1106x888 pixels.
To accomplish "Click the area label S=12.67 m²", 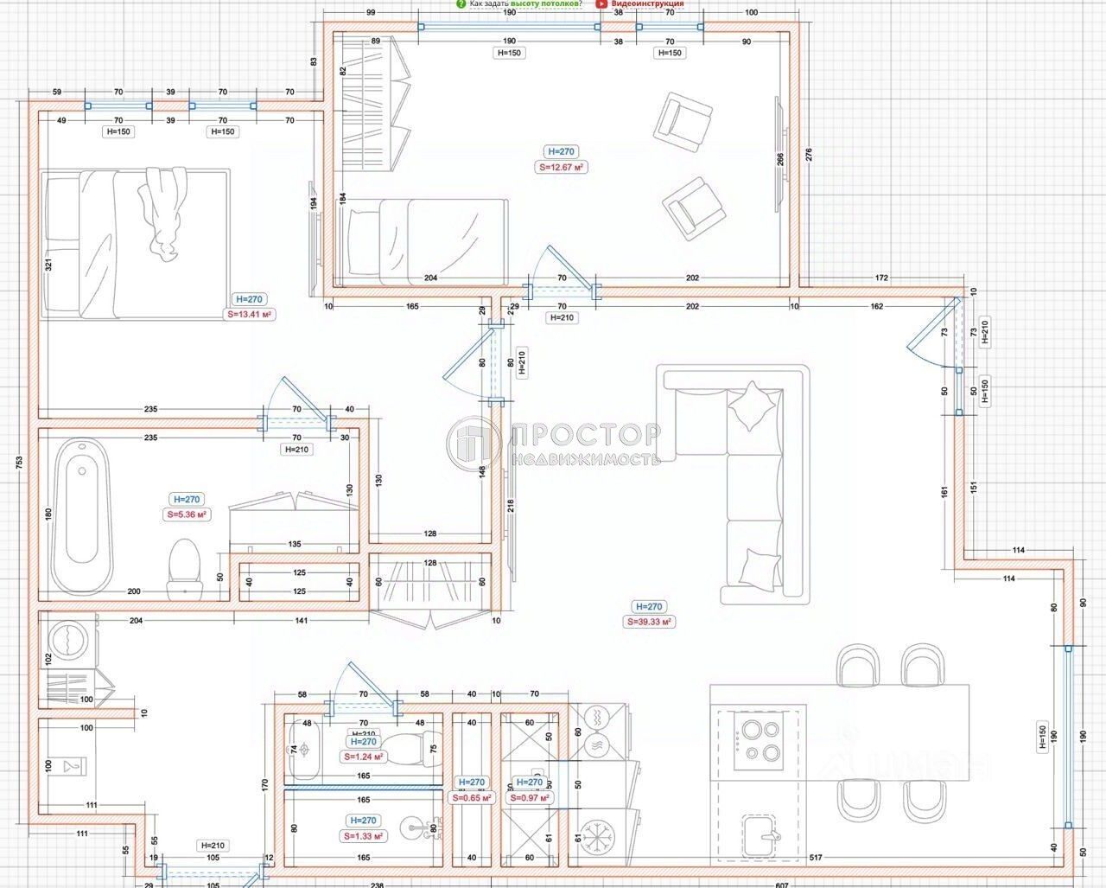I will [563, 168].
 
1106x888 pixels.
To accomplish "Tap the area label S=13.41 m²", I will [250, 315].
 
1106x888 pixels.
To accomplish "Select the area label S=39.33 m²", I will [649, 622].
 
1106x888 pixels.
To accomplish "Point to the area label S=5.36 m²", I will [187, 514].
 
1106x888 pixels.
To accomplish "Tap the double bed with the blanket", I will [136, 240].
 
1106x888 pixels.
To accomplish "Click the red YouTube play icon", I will [601, 3].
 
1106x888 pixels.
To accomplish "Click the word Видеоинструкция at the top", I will [648, 3].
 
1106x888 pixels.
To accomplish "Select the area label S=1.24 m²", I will [363, 756].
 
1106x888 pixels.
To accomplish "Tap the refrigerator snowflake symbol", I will [595, 836].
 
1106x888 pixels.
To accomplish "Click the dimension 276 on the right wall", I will [809, 156].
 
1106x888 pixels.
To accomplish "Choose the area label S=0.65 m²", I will [472, 798].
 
